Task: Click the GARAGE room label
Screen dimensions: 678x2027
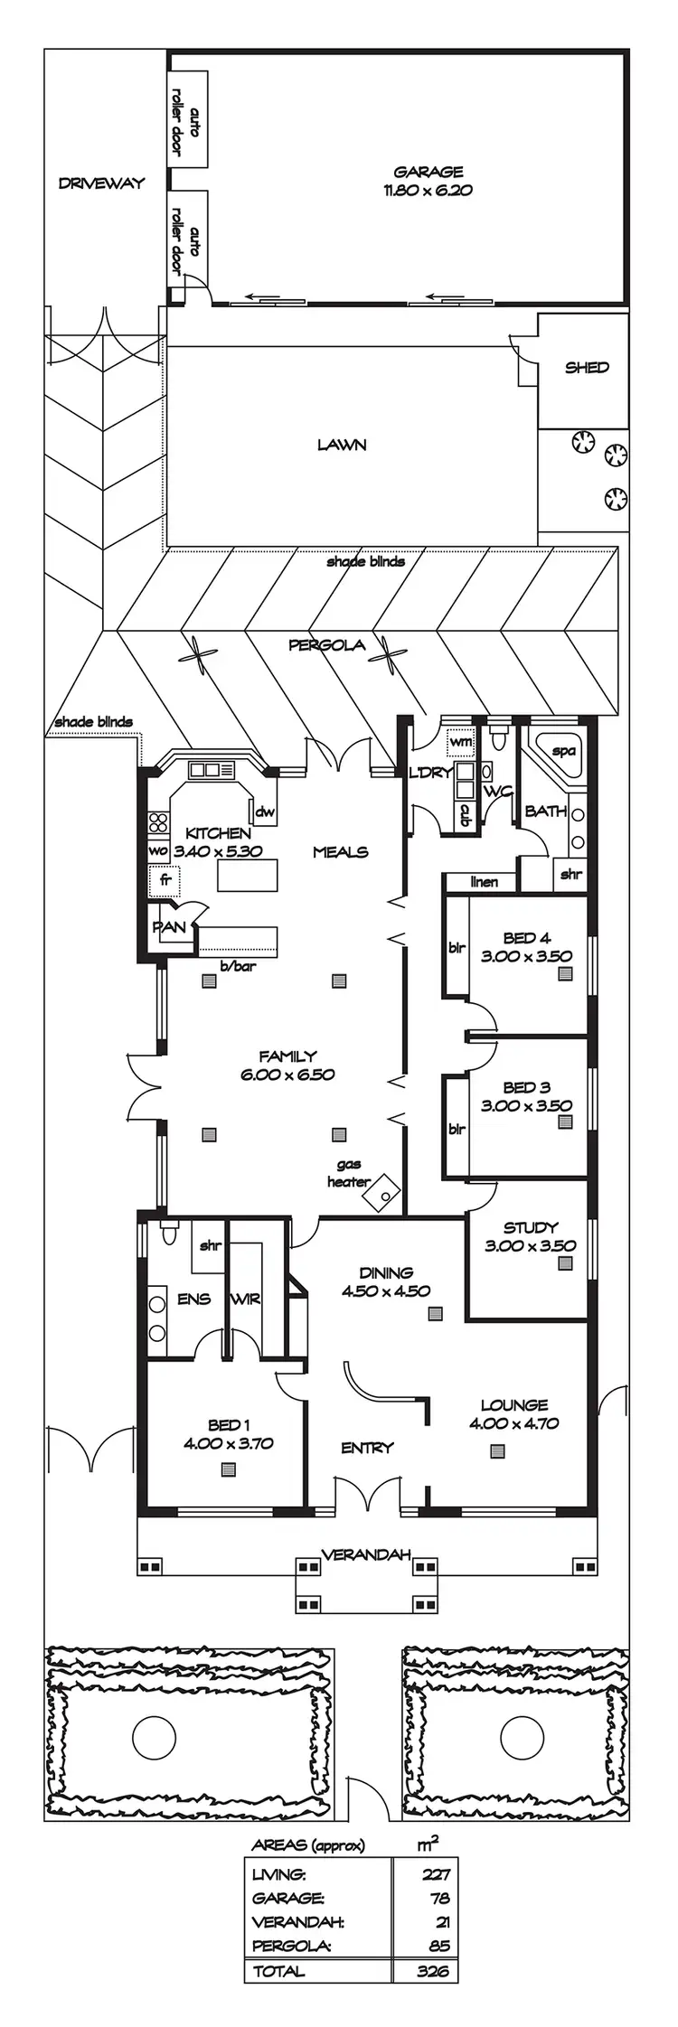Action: point(428,172)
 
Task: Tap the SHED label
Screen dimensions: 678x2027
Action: point(587,368)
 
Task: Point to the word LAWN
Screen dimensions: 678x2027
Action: point(341,445)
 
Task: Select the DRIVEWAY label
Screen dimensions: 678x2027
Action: point(101,183)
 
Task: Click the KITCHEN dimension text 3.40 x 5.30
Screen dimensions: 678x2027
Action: point(218,851)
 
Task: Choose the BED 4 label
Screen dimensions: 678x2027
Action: point(526,938)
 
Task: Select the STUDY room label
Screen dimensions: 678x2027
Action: point(530,1227)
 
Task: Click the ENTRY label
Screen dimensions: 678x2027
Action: point(367,1448)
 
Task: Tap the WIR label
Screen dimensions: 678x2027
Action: point(245,1299)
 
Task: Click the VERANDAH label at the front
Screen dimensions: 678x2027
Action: point(366,1554)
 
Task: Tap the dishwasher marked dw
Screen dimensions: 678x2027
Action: point(264,812)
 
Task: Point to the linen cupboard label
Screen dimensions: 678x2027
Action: point(484,882)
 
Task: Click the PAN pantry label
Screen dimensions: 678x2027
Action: point(169,927)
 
